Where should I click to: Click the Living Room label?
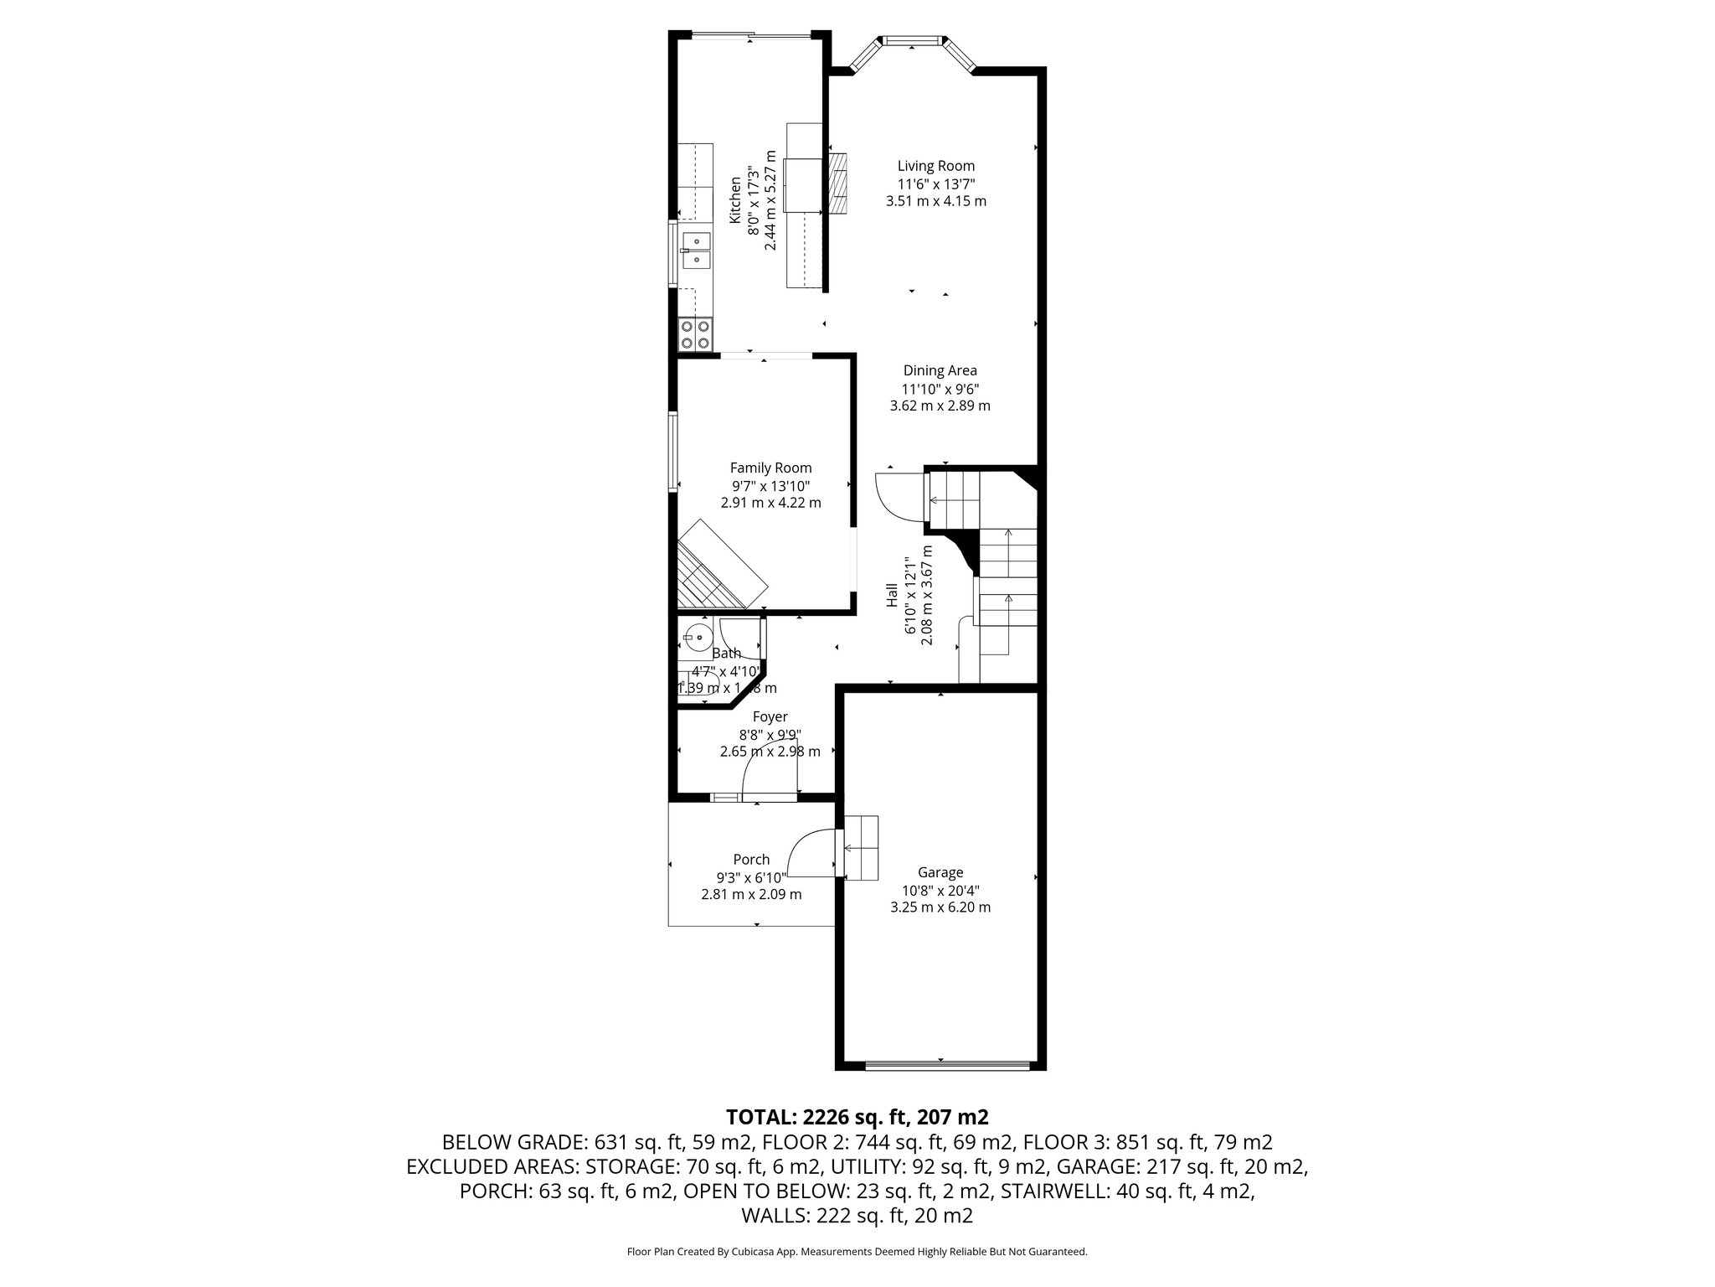(935, 166)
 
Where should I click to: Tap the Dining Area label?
(940, 370)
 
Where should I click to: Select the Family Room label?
(770, 468)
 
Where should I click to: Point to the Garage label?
(940, 872)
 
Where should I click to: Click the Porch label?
(751, 859)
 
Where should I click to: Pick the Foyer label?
(770, 717)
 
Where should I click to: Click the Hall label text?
(892, 596)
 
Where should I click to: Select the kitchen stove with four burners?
(695, 334)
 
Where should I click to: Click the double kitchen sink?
(695, 250)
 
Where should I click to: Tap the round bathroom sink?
(696, 638)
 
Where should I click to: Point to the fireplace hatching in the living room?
(838, 195)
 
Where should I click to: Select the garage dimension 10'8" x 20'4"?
(940, 891)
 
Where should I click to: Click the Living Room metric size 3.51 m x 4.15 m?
(935, 201)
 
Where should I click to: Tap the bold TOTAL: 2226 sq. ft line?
(857, 1117)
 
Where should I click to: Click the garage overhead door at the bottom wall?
(946, 1066)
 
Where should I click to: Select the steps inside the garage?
(861, 848)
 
